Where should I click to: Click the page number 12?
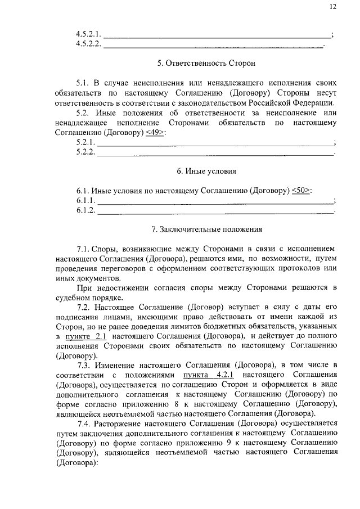pos(333,6)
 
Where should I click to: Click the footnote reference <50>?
pos(302,190)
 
